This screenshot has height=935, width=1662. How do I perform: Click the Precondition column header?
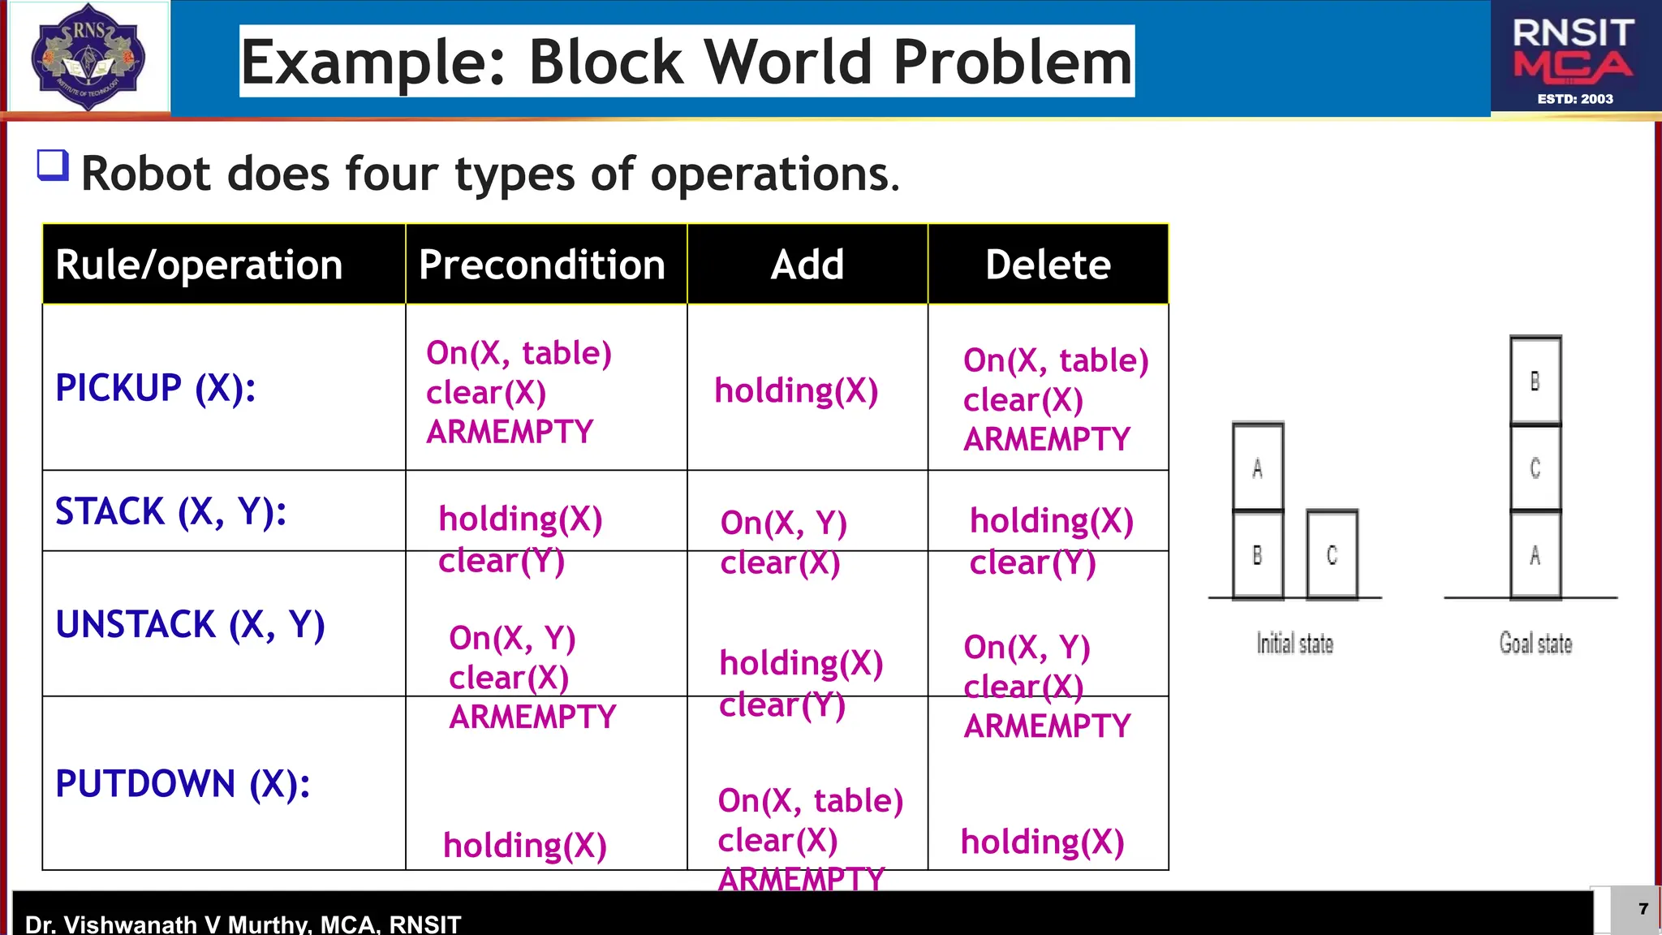pos(542,265)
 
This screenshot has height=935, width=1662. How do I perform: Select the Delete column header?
pos(1048,265)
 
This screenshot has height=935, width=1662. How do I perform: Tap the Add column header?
pos(807,265)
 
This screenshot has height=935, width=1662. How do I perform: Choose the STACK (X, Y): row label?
pos(171,511)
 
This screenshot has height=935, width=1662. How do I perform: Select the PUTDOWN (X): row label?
pos(183,784)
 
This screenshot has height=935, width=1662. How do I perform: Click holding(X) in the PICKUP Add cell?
pos(796,391)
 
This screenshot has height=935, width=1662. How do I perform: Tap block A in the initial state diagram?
pos(1257,468)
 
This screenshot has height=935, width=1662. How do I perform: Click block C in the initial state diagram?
pos(1332,555)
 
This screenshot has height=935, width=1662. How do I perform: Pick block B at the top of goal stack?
pos(1535,381)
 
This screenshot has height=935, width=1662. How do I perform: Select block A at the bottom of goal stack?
pos(1535,556)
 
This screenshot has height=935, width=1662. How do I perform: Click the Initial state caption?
pos(1294,644)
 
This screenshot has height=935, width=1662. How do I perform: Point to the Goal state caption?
pos(1535,644)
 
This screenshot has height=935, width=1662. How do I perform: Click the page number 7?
pos(1643,908)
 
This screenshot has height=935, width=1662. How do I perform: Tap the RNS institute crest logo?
pos(88,57)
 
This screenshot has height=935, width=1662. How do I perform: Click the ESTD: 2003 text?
pos(1575,99)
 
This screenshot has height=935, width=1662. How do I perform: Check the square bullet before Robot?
pos(53,165)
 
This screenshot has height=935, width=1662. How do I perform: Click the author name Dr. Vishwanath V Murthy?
pos(167,924)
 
